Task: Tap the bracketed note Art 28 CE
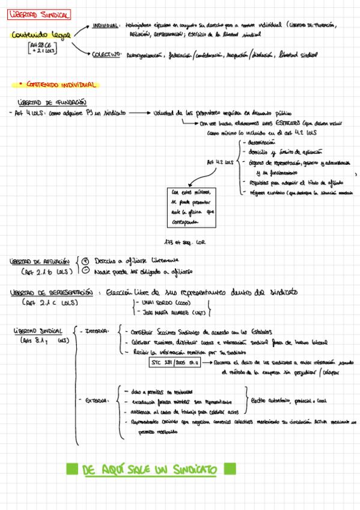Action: click(x=40, y=45)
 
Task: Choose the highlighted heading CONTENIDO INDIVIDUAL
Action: click(x=59, y=85)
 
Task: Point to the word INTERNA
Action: click(x=96, y=330)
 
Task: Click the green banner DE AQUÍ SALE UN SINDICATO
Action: click(x=150, y=469)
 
